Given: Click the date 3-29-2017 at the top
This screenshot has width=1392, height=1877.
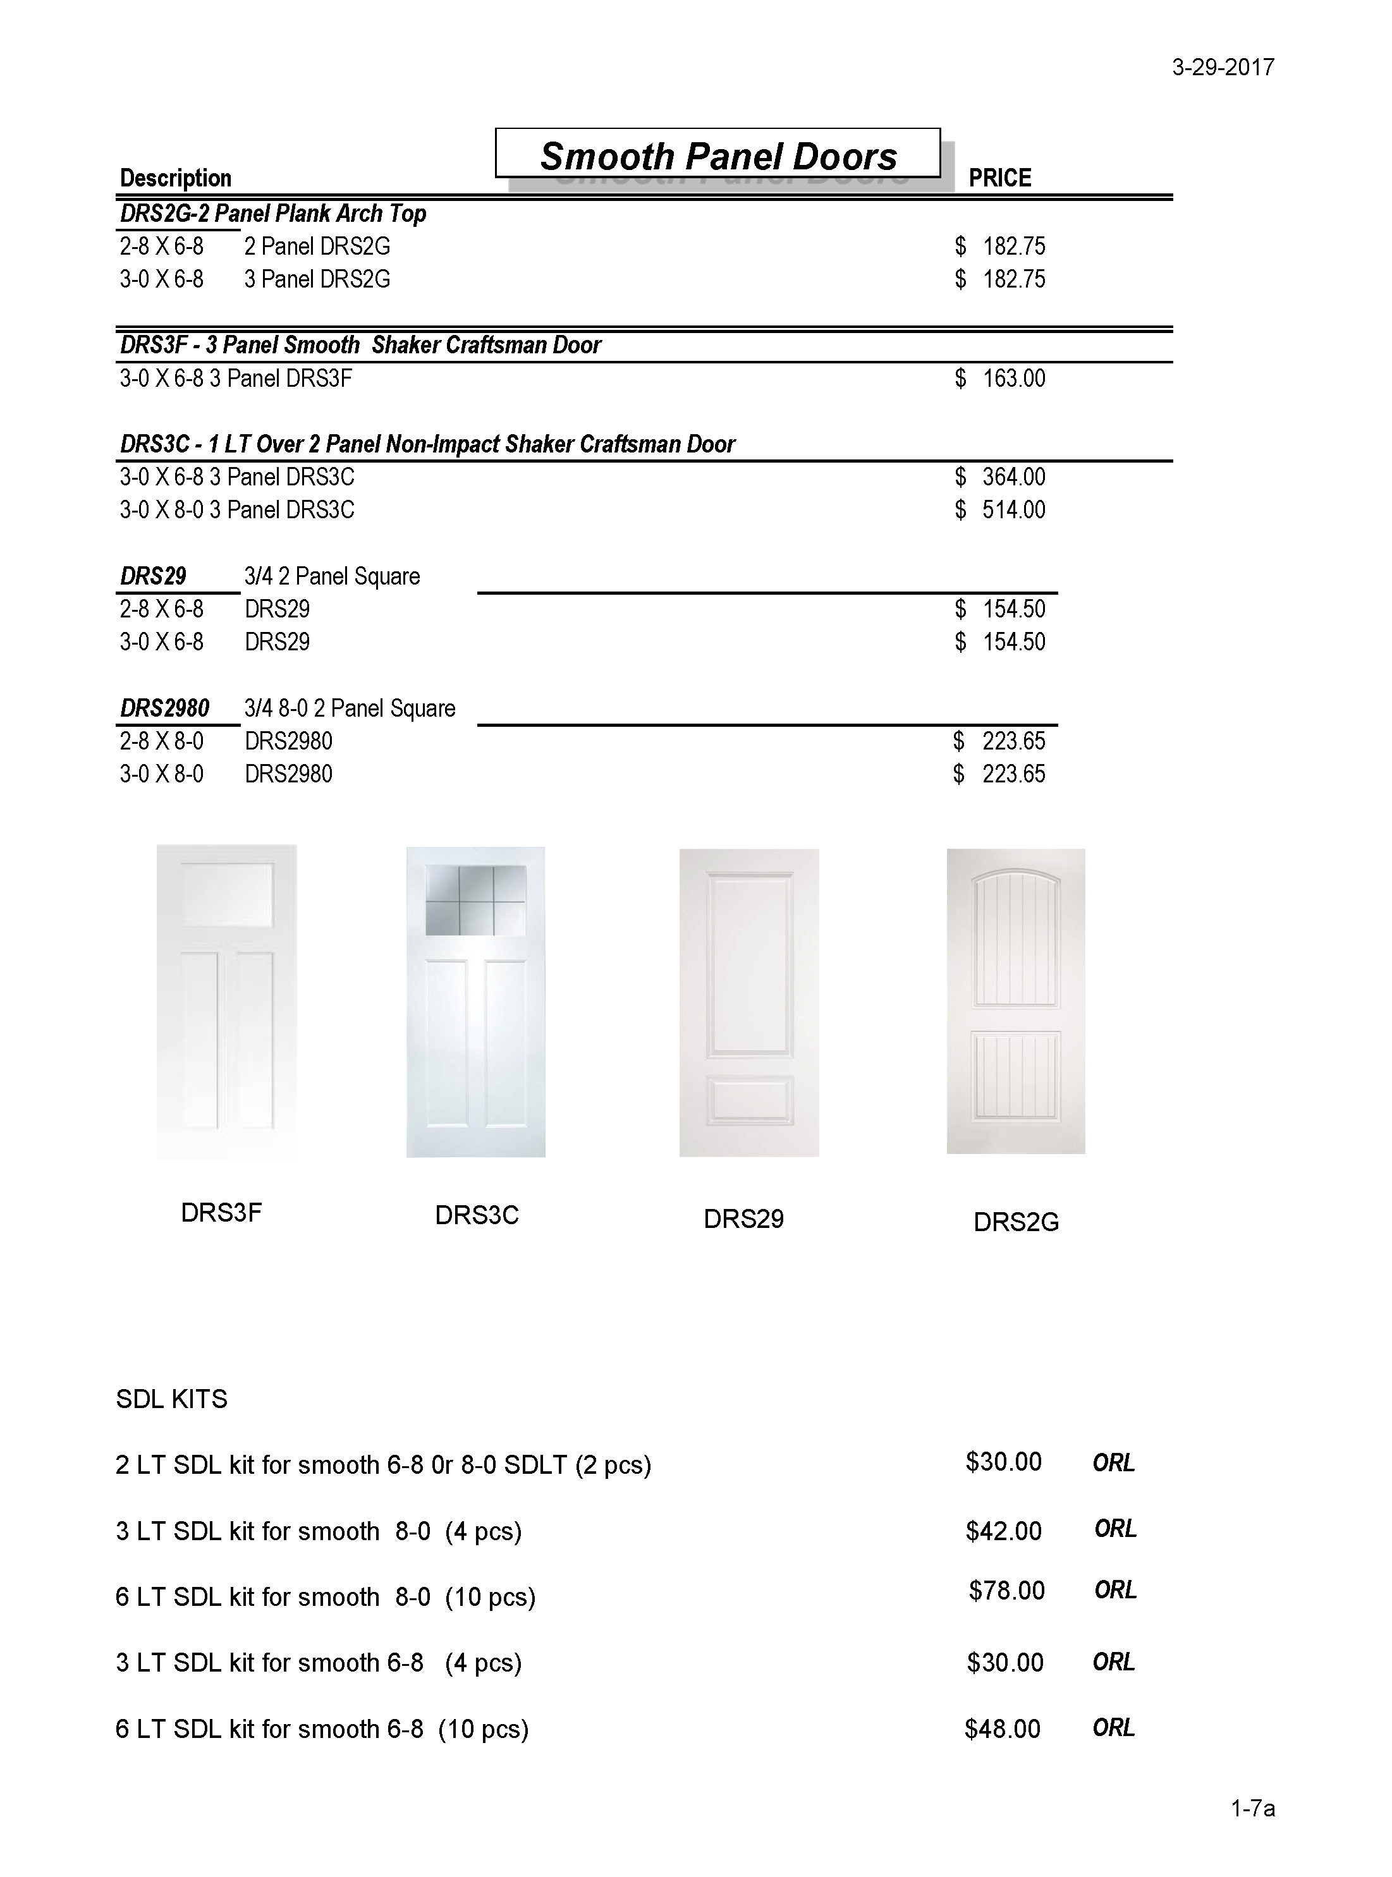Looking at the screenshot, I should click(x=1223, y=68).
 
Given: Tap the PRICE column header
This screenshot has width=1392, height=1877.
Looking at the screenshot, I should click(x=999, y=178).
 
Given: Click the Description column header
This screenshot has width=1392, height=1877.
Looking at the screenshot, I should click(x=175, y=178).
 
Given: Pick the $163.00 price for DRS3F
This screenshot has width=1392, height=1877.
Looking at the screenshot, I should click(x=1001, y=379).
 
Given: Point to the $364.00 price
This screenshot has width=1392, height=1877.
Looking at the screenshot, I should click(x=1001, y=477).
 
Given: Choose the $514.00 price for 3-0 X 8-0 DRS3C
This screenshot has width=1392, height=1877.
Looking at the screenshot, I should click(x=1001, y=509).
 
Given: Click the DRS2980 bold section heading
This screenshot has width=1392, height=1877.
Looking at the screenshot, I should click(x=164, y=708).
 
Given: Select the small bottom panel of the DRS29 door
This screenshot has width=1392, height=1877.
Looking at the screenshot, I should click(x=749, y=1100).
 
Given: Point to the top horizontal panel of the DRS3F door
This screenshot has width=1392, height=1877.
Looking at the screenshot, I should click(x=227, y=894).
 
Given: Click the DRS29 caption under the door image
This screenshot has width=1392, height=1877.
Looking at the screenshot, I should click(x=743, y=1219).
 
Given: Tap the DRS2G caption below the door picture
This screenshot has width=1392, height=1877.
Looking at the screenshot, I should click(x=1015, y=1222).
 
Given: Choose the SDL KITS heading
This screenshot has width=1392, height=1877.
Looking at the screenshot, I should click(x=172, y=1399).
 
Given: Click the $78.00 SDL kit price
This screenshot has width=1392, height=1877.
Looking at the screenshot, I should click(x=1006, y=1591).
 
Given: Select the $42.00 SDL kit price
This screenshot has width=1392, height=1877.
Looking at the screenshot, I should click(x=1004, y=1530).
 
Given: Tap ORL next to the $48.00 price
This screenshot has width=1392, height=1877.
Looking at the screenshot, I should click(x=1113, y=1727).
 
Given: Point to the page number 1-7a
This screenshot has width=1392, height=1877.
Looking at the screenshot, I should click(x=1252, y=1808).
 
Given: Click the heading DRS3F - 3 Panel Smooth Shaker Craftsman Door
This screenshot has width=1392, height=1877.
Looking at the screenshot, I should click(x=360, y=346).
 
